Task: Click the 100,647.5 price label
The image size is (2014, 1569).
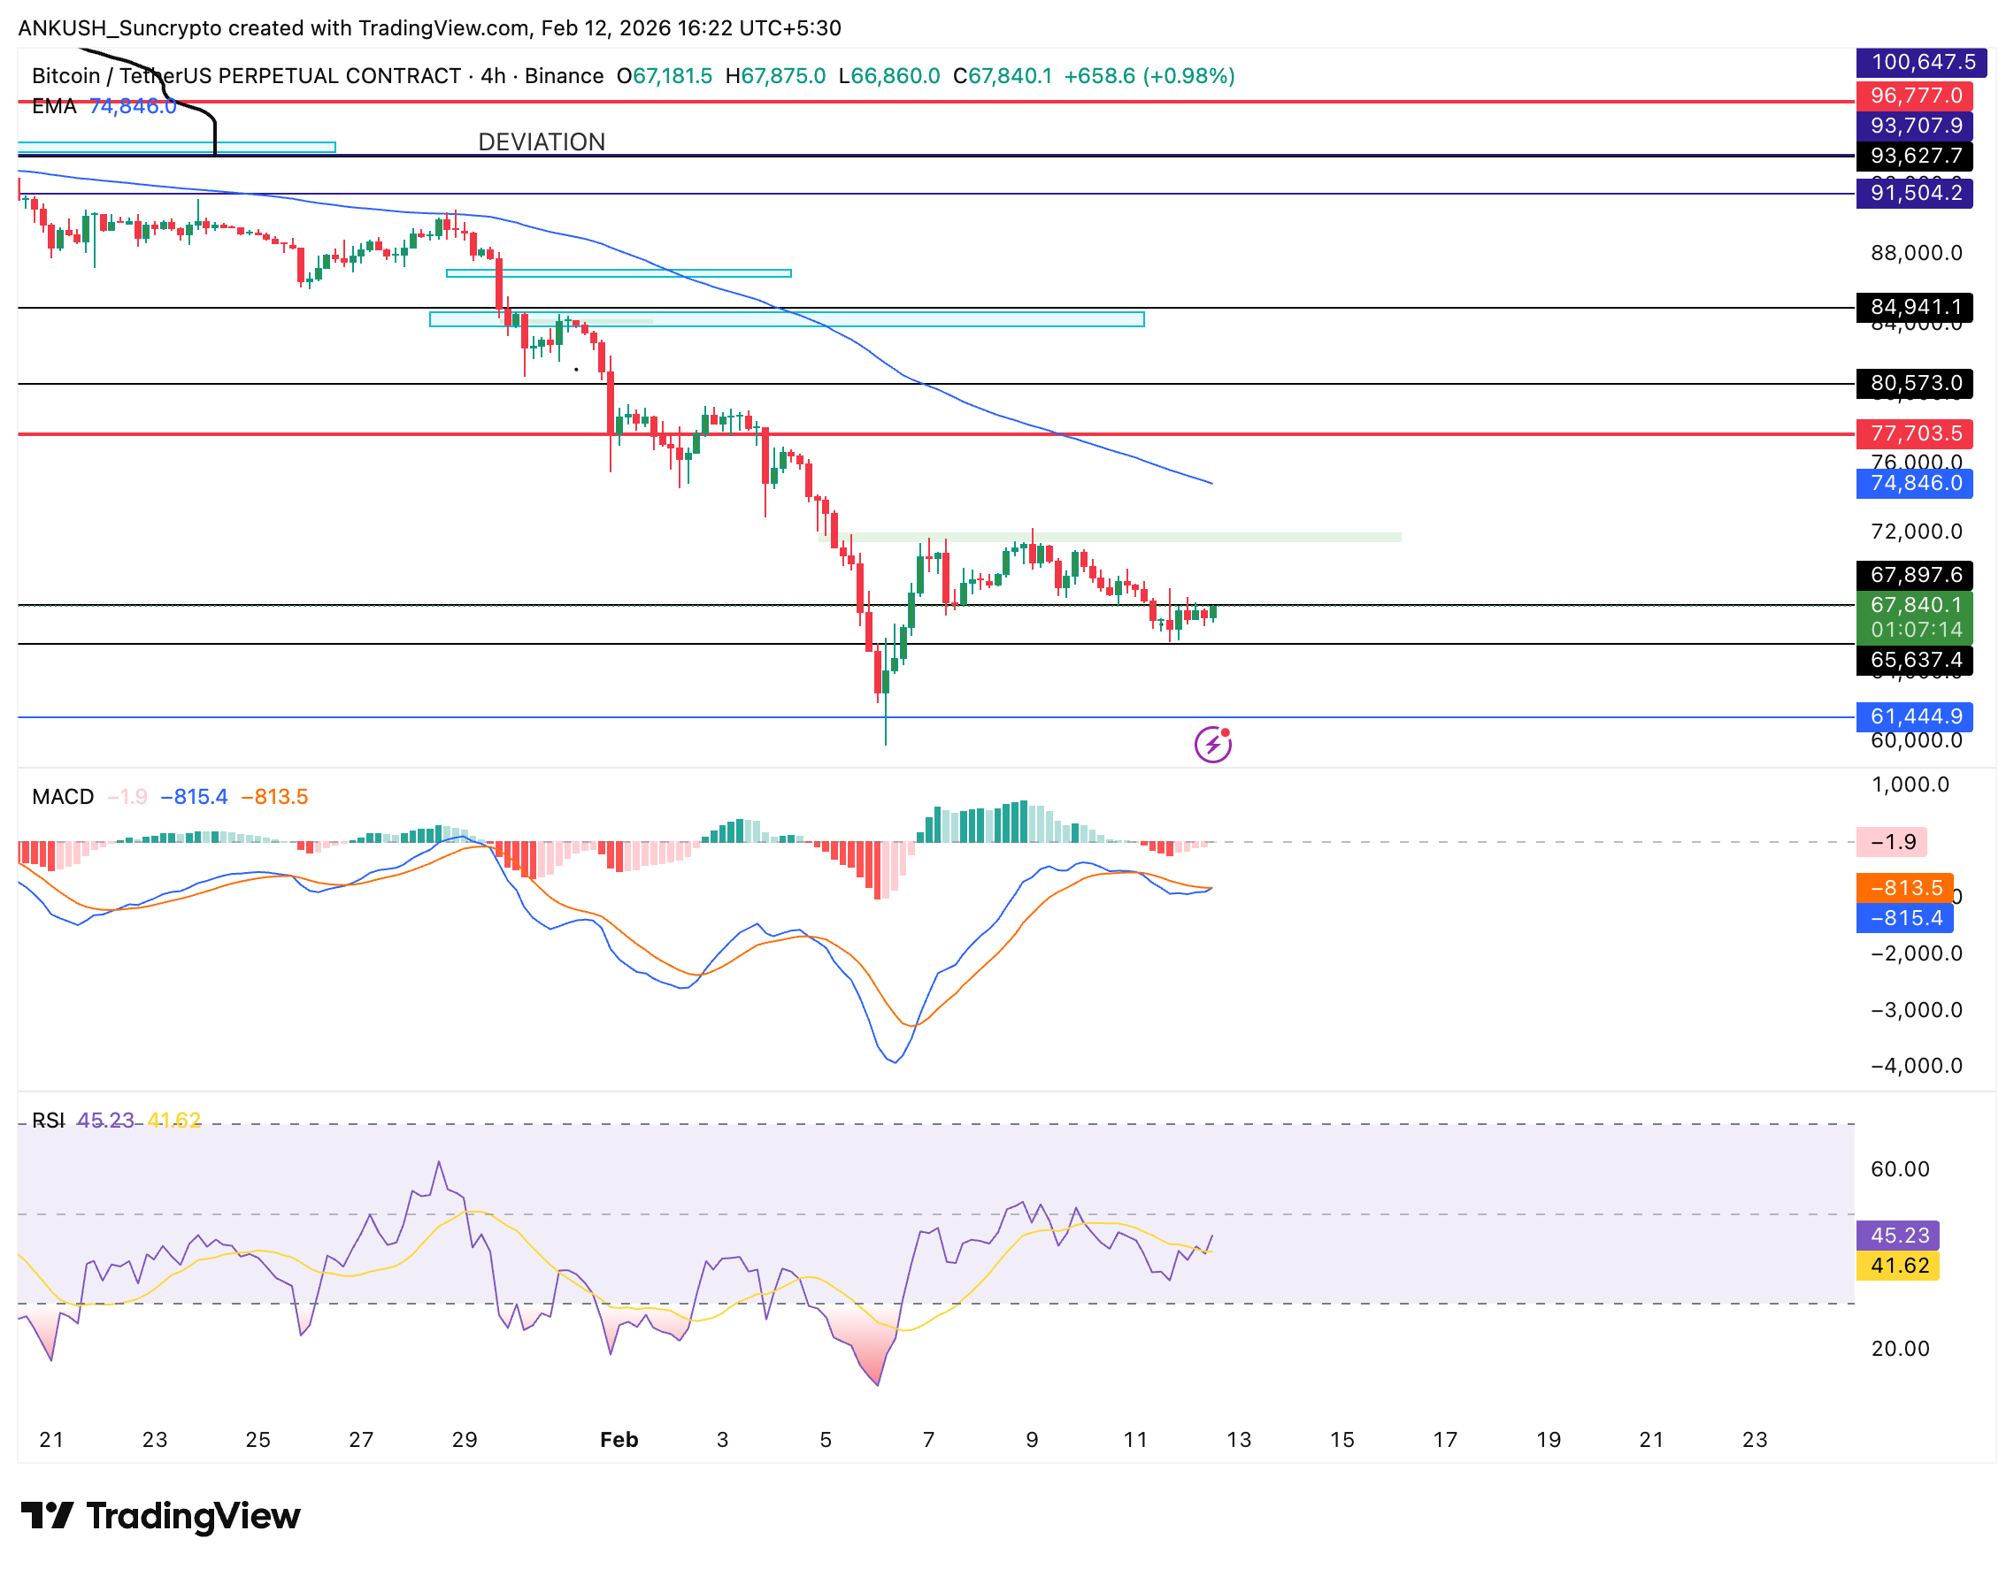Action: [1914, 62]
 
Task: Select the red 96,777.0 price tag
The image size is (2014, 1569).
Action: [1914, 95]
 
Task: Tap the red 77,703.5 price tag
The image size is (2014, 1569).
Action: [1914, 433]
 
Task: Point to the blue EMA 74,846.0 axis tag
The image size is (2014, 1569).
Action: [1914, 483]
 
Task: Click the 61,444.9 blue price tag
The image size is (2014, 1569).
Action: [1914, 716]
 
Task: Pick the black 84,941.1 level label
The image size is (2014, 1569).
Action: [1914, 306]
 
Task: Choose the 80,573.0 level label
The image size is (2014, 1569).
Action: [1914, 383]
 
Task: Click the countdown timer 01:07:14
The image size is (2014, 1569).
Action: [1914, 630]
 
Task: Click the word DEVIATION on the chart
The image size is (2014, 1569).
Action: [542, 142]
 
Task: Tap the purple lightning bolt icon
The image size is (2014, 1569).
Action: [1212, 744]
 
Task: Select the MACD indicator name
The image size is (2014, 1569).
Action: [63, 797]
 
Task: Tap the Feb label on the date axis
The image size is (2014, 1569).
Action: [619, 1440]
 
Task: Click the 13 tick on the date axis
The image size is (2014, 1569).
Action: [1239, 1440]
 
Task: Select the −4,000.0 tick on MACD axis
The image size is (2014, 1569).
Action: [1917, 1066]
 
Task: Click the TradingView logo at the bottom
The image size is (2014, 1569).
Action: [160, 1517]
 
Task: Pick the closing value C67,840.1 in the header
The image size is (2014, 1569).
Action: [1003, 75]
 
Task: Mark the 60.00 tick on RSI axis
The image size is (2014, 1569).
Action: [1900, 1169]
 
